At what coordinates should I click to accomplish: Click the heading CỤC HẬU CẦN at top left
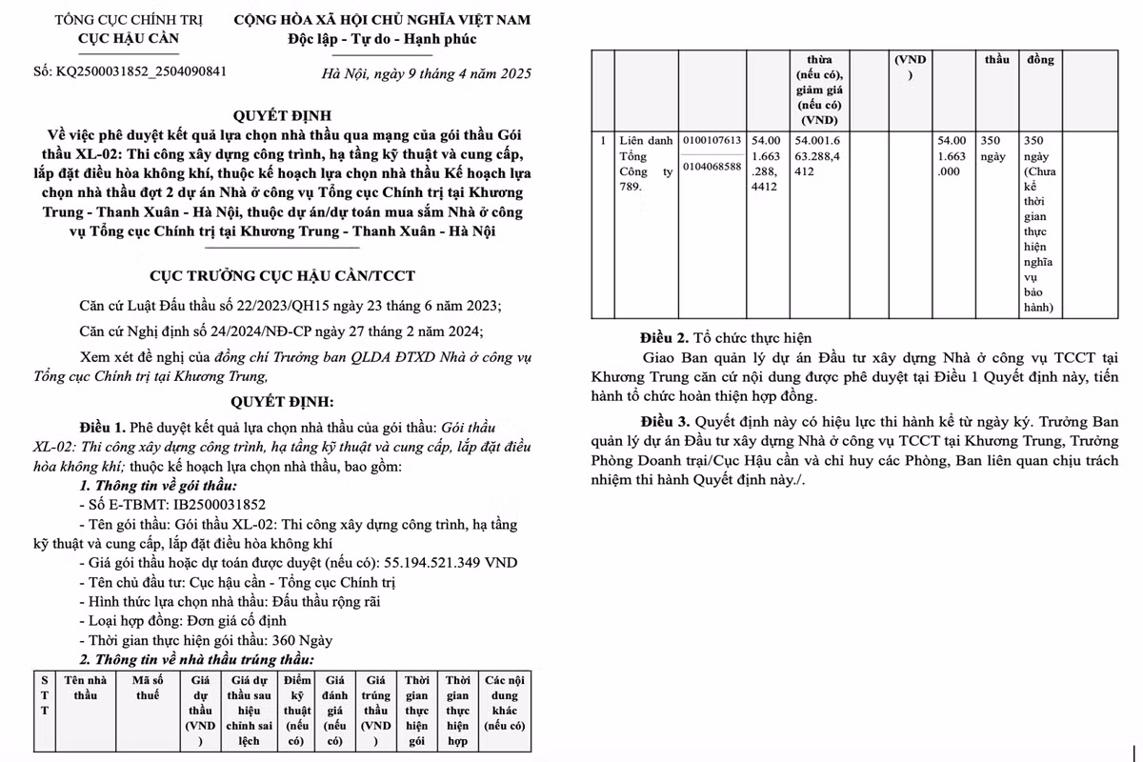pyautogui.click(x=129, y=39)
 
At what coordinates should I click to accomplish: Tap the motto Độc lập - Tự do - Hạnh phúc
pyautogui.click(x=382, y=39)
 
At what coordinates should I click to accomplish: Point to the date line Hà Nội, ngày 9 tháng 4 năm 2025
pyautogui.click(x=427, y=74)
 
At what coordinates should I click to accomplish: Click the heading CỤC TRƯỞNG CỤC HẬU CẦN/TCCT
pyautogui.click(x=282, y=276)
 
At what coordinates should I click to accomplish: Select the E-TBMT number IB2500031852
pyautogui.click(x=217, y=505)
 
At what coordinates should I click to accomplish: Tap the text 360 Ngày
pyautogui.click(x=302, y=640)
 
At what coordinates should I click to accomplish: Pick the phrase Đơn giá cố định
pyautogui.click(x=219, y=621)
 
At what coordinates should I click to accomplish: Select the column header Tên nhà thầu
pyautogui.click(x=85, y=688)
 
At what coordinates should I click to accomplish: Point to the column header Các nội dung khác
pyautogui.click(x=504, y=703)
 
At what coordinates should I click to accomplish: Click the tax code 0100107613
pyautogui.click(x=712, y=140)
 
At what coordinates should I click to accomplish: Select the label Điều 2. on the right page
pyautogui.click(x=663, y=337)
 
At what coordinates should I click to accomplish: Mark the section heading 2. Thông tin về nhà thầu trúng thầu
pyautogui.click(x=195, y=659)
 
